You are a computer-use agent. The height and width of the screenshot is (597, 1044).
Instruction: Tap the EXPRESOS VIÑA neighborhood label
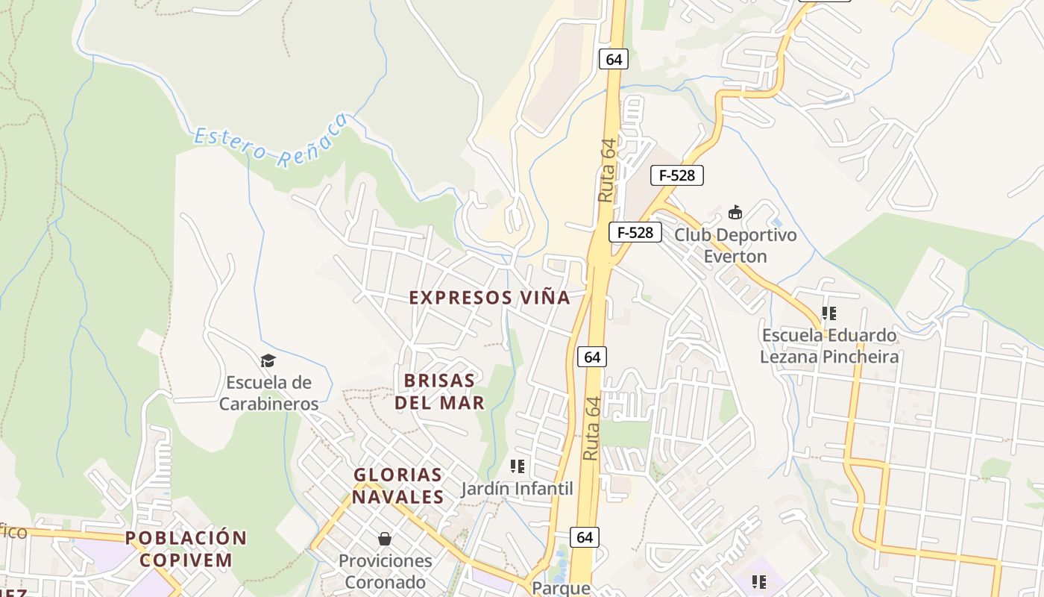point(489,298)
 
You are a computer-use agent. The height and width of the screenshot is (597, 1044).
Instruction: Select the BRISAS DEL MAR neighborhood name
point(444,392)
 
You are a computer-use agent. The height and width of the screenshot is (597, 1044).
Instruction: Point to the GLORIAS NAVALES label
point(398,485)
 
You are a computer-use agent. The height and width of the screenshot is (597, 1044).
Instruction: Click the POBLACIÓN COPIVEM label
point(185,548)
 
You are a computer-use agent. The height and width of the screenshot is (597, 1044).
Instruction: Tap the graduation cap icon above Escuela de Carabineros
point(268,361)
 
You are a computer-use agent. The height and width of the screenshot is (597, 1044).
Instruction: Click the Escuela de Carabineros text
point(268,393)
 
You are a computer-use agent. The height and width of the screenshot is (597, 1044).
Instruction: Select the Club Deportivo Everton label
point(735,246)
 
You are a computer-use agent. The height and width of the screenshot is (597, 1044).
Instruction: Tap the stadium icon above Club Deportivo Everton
point(735,212)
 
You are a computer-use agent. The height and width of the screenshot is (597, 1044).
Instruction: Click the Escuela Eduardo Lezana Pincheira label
point(828,346)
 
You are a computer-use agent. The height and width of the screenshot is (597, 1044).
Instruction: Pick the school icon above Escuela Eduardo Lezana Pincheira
point(828,313)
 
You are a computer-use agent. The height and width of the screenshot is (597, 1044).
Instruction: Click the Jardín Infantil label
point(517,489)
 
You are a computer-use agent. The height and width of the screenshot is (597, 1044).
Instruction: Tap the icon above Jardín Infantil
point(517,466)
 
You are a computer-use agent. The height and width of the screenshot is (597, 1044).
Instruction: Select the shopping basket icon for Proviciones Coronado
point(385,538)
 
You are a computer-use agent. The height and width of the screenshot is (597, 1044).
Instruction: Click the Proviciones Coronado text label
point(385,571)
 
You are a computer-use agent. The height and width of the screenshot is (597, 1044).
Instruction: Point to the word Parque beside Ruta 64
point(561,588)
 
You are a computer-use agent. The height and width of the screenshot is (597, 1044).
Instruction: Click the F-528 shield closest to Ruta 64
point(635,232)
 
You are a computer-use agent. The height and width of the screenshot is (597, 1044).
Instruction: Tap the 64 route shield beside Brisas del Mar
point(592,357)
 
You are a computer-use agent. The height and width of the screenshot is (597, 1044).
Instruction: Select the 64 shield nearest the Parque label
point(585,537)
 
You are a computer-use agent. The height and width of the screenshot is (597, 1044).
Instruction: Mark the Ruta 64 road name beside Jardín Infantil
point(591,429)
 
